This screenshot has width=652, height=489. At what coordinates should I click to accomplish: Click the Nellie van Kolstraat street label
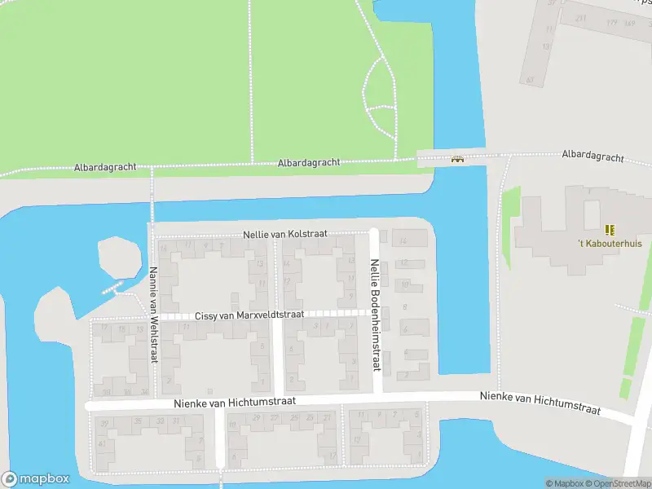[x=284, y=234]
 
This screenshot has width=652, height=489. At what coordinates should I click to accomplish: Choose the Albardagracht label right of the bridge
[x=593, y=156]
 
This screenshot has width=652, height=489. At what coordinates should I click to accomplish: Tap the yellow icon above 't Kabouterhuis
[x=609, y=230]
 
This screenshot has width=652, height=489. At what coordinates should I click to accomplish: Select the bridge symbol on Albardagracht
[x=457, y=159]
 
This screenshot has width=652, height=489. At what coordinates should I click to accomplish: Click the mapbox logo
[x=34, y=479]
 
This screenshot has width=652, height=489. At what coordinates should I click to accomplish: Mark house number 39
[x=104, y=423]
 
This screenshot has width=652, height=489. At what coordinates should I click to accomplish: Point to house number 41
[x=101, y=443]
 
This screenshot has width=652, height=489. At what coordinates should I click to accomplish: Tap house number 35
[x=138, y=421]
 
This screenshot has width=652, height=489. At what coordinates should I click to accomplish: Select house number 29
[x=257, y=418]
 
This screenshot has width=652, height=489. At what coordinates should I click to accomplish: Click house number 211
[x=580, y=18]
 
